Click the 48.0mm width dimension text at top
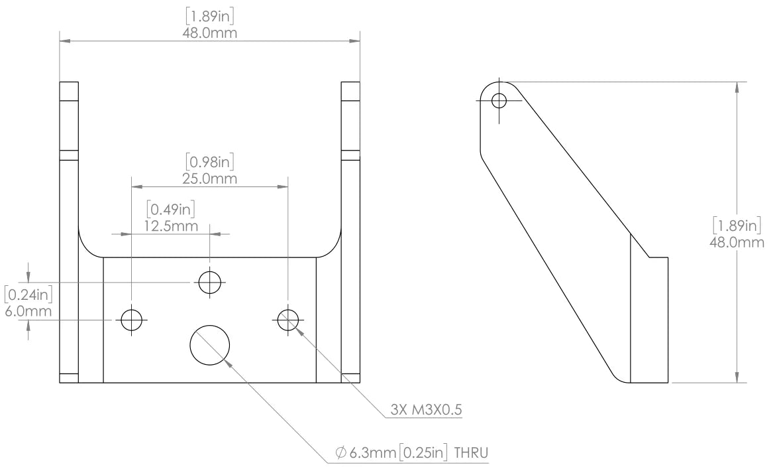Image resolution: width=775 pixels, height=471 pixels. [209, 33]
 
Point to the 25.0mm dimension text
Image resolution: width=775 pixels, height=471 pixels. [209, 178]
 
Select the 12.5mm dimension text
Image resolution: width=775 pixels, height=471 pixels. [171, 226]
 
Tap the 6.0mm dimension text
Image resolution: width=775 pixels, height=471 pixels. [28, 311]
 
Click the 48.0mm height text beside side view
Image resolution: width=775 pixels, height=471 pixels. [737, 242]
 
